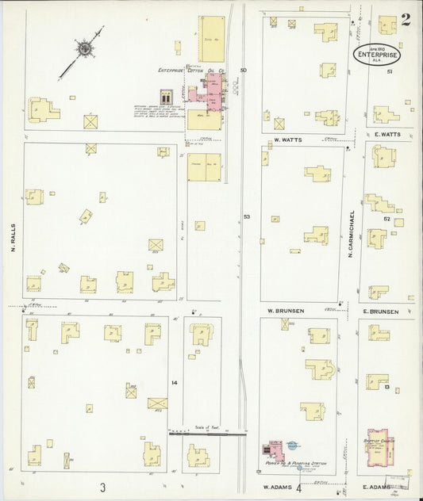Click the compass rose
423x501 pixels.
coord(84,48)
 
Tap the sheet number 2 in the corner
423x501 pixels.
coord(406,20)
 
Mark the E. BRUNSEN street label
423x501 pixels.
coord(380,311)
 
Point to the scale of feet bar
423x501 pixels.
coord(208,433)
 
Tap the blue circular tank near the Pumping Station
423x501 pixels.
coord(292,446)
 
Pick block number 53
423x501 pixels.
coord(246,216)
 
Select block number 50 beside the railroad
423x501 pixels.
coord(243,71)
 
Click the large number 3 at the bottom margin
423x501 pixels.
coord(102,486)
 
